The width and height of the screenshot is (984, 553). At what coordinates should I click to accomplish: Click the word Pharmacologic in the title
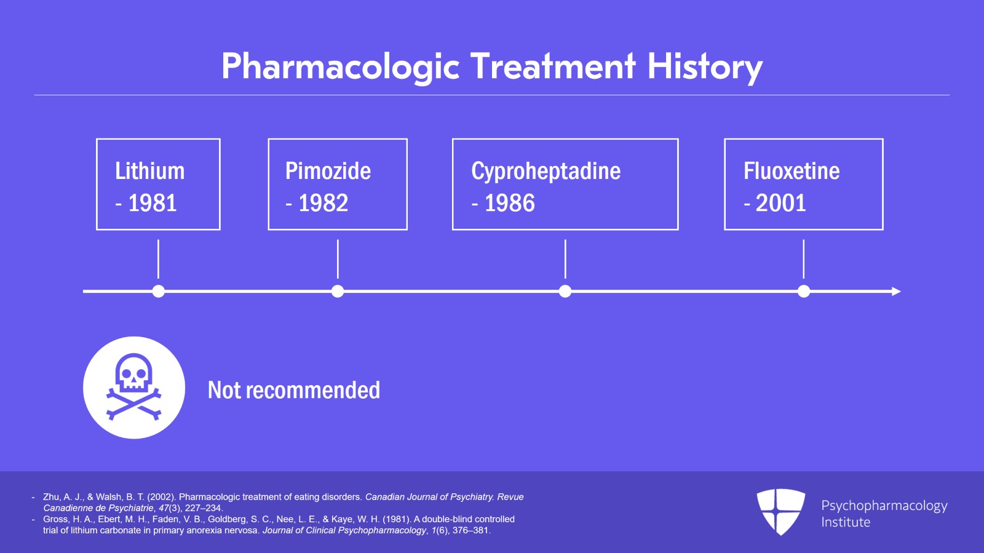340,66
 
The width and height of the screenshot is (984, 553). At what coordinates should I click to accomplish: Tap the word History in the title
705,66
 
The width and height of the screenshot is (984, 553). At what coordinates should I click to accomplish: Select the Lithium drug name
149,171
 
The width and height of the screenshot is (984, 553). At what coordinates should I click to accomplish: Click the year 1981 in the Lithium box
152,203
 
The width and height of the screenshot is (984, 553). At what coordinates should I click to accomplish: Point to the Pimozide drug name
328,171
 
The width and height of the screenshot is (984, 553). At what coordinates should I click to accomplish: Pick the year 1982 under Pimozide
323,203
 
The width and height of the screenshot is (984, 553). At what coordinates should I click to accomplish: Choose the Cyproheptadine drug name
546,171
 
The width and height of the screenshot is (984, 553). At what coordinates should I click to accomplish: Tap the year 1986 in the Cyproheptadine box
509,203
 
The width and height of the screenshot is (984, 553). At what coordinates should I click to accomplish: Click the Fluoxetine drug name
791,171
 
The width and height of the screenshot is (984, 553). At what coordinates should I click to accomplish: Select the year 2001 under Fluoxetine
780,203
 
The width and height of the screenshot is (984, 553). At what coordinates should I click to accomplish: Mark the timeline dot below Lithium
158,292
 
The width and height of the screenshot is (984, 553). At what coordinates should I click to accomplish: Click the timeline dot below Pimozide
338,292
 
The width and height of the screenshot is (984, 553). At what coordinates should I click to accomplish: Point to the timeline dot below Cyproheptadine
565,292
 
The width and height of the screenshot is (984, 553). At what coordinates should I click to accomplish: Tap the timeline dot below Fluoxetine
803,292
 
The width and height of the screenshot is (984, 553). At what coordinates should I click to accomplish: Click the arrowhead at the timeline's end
896,292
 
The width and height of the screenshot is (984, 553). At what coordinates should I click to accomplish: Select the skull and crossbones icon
134,388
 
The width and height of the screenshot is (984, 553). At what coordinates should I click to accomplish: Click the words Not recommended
293,390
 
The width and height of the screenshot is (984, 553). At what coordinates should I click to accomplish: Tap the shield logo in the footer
780,511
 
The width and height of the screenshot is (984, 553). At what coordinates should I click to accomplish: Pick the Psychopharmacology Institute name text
884,514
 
